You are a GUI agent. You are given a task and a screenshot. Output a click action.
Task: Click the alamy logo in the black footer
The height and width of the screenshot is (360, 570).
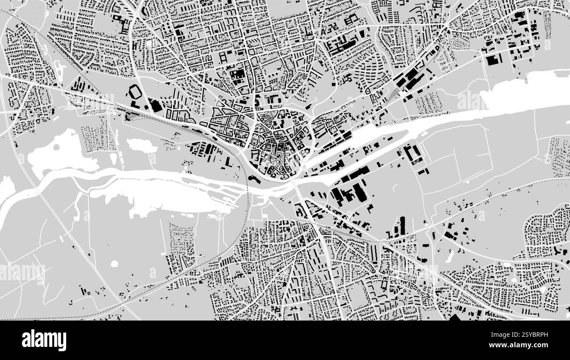pos(44,340)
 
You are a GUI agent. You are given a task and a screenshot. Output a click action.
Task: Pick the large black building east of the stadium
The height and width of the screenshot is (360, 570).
pos(155,105)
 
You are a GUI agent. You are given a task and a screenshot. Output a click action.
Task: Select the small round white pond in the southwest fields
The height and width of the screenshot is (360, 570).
pos(115,264)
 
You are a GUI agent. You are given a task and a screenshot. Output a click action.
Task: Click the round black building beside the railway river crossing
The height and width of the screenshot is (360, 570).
pos(252,178)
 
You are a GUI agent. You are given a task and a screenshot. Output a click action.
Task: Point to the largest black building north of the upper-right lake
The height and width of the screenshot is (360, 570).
pos(493,60)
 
